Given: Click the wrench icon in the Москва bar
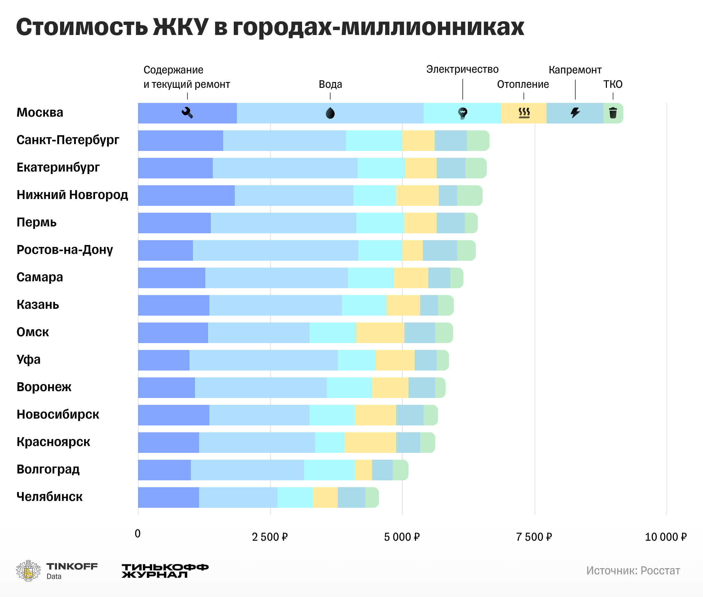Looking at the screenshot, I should tap(187, 113).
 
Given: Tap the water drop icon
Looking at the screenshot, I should tap(330, 113).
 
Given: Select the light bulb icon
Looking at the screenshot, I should tap(463, 113).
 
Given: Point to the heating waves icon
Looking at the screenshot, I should tap(524, 113).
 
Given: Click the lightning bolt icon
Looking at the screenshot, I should tap(575, 113).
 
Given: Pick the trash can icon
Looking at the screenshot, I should tap(613, 113).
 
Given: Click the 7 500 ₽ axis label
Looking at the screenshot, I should tap(534, 537).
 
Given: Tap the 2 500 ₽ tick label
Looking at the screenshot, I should tap(270, 537).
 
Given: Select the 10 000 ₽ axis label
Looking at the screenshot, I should tap(666, 537).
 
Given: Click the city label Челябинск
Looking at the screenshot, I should tap(50, 497).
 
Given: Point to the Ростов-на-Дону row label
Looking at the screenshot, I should tap(65, 250).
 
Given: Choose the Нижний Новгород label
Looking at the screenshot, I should tap(72, 195).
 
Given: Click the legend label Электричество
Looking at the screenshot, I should tap(462, 70).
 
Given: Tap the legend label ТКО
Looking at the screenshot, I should tap(613, 84).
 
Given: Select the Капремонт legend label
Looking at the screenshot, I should tap(575, 70).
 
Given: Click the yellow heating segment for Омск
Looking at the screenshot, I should tap(380, 333).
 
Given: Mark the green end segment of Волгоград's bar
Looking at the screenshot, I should tap(400, 470).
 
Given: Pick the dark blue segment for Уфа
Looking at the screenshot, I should tap(164, 360).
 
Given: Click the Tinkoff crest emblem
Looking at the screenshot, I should tap(28, 571).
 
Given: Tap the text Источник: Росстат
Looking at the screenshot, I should tap(633, 571).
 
